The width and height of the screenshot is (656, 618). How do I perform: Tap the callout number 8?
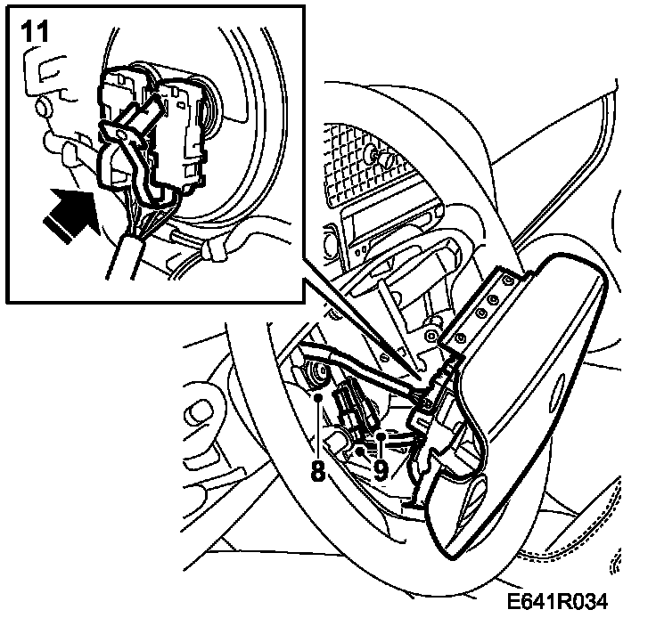(x=317, y=468)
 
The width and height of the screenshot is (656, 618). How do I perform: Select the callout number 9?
(x=381, y=469)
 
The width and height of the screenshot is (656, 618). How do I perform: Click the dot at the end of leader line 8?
(x=320, y=403)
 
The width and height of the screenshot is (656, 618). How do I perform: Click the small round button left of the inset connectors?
(x=41, y=110)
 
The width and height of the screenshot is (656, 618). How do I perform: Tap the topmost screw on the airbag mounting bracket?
(x=507, y=281)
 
